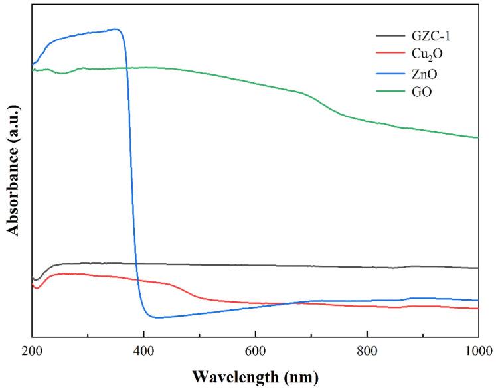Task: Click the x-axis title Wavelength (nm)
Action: [255, 376]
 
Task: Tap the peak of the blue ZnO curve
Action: [116, 29]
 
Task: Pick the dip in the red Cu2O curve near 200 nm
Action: [37, 288]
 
